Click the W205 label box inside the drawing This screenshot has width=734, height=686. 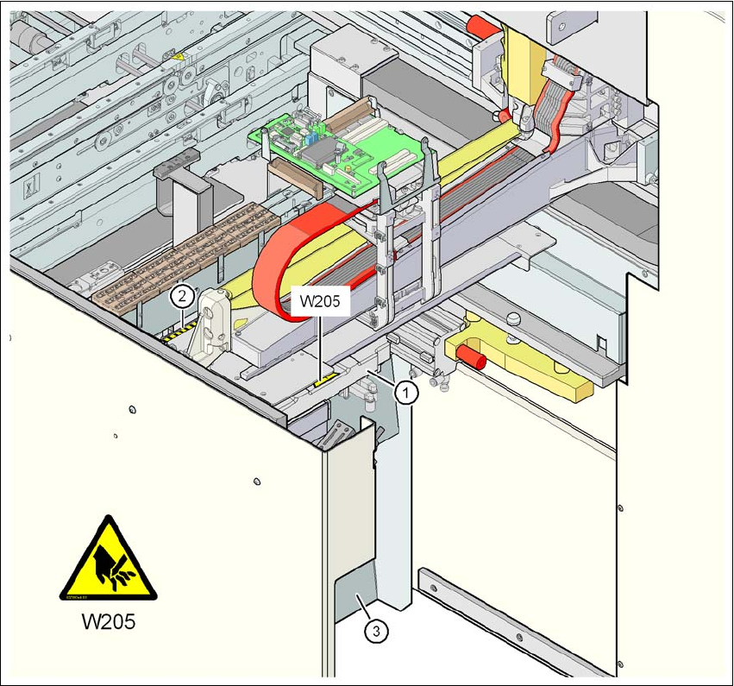point(320,304)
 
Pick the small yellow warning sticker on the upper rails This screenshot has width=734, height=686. point(178,57)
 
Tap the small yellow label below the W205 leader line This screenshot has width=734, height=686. point(324,377)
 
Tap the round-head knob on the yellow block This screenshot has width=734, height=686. point(515,318)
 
